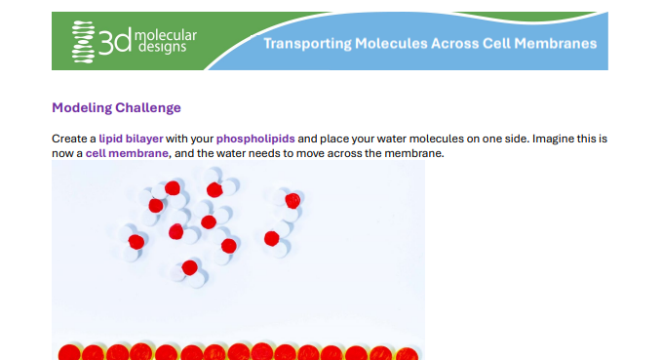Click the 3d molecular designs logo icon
coord(83,42)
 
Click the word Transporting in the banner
coord(307,44)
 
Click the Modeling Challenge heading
coord(116,107)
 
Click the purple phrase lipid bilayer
coord(131,139)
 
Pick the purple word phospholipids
coord(255,139)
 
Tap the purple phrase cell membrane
coord(127,153)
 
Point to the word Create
coord(67,139)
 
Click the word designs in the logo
coord(162,47)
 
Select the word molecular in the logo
coord(166,35)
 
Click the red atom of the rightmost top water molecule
coord(292,201)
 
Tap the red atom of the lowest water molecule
coord(189,267)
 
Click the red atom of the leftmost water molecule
coord(136,242)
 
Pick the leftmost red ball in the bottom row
coord(69,353)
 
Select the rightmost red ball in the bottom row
coord(407,354)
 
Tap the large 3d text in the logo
coord(115,41)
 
